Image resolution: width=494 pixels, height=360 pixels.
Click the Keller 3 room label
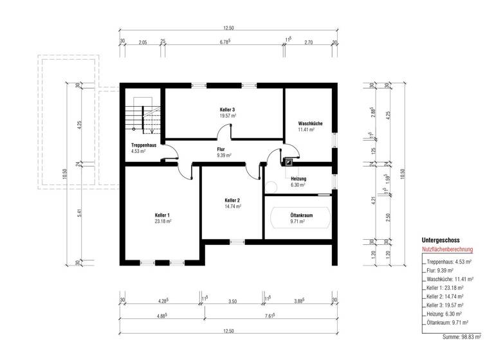click(x=226, y=110)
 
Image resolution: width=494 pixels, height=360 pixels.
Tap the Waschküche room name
click(x=310, y=123)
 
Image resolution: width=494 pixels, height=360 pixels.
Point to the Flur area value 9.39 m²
click(x=224, y=156)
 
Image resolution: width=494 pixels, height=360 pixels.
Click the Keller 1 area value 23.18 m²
click(x=163, y=221)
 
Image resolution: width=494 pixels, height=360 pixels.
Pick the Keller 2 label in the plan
click(x=232, y=201)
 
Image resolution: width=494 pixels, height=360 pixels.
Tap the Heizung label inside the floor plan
click(x=297, y=179)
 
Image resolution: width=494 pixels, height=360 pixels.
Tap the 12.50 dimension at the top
click(x=228, y=28)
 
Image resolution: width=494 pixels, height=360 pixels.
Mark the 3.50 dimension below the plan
click(x=232, y=301)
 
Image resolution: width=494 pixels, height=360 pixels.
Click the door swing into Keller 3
click(x=224, y=132)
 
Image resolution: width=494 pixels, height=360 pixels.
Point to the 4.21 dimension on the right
click(x=373, y=201)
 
